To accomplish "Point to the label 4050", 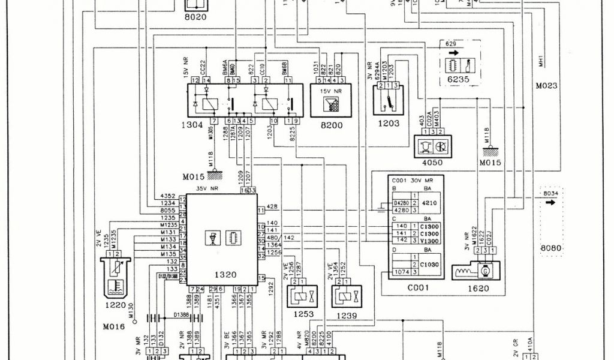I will [432, 162].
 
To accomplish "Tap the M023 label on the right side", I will [546, 86].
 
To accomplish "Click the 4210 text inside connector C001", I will [431, 203].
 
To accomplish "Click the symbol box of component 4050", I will [432, 146].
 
